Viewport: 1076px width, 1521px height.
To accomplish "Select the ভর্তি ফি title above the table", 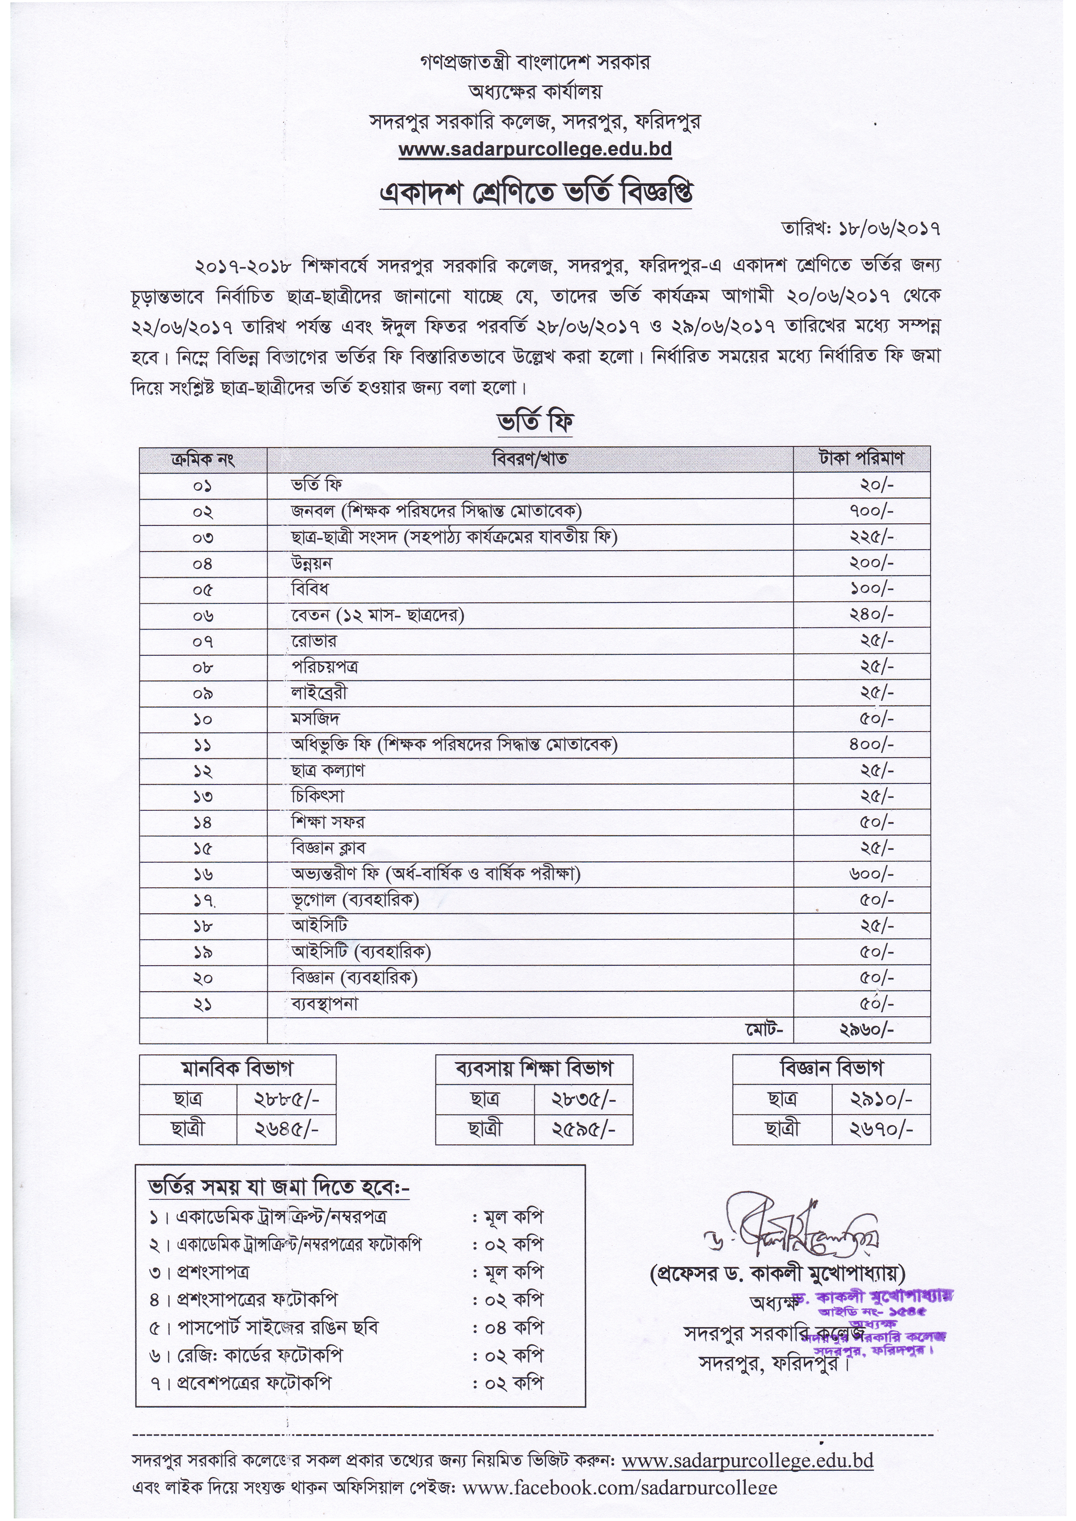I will pyautogui.click(x=535, y=422).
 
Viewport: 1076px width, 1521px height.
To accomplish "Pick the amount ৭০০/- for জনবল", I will pyautogui.click(x=871, y=512).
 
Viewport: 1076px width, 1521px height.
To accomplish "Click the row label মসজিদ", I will pyautogui.click(x=316, y=719).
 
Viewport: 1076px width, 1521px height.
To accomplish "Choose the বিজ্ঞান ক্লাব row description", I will pyautogui.click(x=328, y=849).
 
